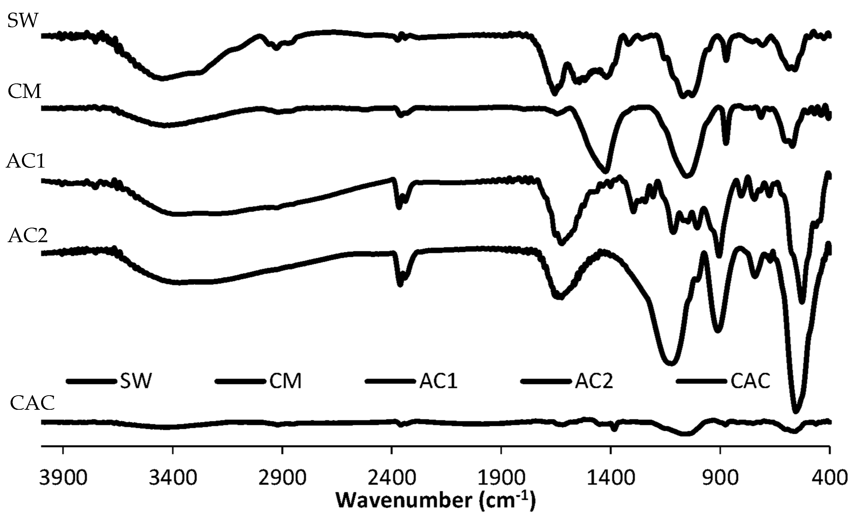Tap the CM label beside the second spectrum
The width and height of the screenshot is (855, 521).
point(24,92)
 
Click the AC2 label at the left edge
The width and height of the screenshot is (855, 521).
point(28,236)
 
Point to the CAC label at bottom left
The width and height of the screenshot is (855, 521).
point(32,403)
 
